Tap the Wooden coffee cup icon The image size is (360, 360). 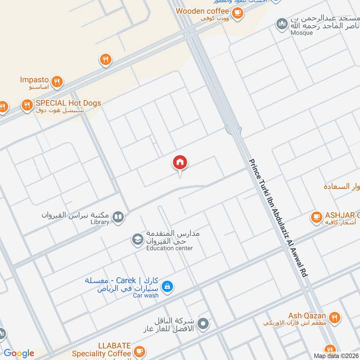click(238, 13)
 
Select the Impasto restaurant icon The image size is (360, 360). click(57, 82)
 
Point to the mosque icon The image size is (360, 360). click(282, 23)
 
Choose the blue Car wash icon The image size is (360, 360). click(167, 286)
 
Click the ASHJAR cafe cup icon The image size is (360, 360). click(316, 218)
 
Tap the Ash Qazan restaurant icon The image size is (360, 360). click(334, 318)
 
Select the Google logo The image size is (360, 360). click(19, 353)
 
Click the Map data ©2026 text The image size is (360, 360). click(335, 355)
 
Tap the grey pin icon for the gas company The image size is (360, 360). click(203, 323)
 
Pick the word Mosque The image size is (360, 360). click(301, 32)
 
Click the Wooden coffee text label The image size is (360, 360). click(203, 10)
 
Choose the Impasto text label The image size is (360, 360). click(35, 80)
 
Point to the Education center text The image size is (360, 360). click(169, 248)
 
